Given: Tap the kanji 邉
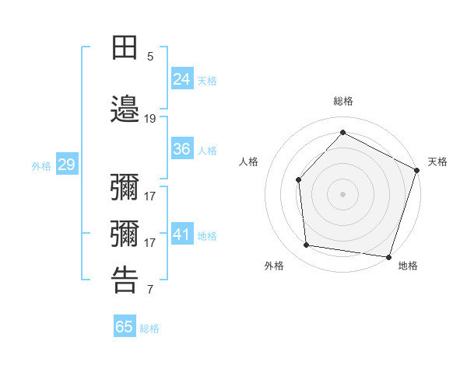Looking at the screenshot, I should coord(125,109).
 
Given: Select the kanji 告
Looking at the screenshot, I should coord(125,280).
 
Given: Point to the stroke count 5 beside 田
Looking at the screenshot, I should coord(150,57).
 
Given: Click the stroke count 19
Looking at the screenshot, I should coord(150,119).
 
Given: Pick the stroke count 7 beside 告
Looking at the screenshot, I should coord(150,290).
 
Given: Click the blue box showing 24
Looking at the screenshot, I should coord(182,78).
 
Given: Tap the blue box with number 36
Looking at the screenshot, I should coord(182,149).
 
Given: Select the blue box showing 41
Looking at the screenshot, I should coord(182,235).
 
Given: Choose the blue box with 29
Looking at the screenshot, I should coord(66,165).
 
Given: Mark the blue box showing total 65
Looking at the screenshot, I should coord(125,327).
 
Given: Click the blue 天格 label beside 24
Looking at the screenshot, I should coord(207,80).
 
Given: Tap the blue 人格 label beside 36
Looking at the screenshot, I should coord(207,151).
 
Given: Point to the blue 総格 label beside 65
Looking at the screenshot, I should coord(149,328).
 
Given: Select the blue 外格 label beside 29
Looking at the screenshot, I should coord(41,165).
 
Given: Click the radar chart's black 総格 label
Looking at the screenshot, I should coord(342,101).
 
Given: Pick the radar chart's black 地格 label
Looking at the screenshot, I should coord(408,266).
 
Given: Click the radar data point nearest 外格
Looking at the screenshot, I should coord(307,245).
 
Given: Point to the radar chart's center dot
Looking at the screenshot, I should coord(342,193).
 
